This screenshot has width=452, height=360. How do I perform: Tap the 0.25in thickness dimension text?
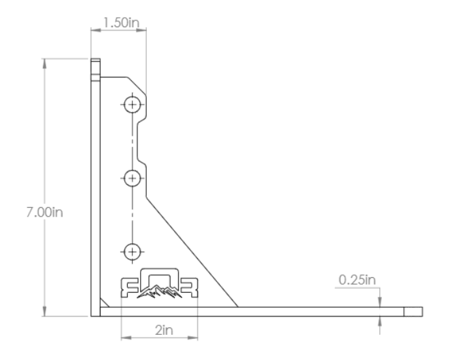coord(355,279)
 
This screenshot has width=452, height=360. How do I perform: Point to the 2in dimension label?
coord(161,329)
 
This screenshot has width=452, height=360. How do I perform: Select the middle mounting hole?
coord(132,178)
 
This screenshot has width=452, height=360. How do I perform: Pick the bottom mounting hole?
coord(132,251)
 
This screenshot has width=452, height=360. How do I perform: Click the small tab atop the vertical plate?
coord(95,68)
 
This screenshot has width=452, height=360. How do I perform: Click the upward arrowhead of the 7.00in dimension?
coord(44,63)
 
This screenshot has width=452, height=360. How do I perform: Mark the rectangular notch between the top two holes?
coord(140,141)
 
